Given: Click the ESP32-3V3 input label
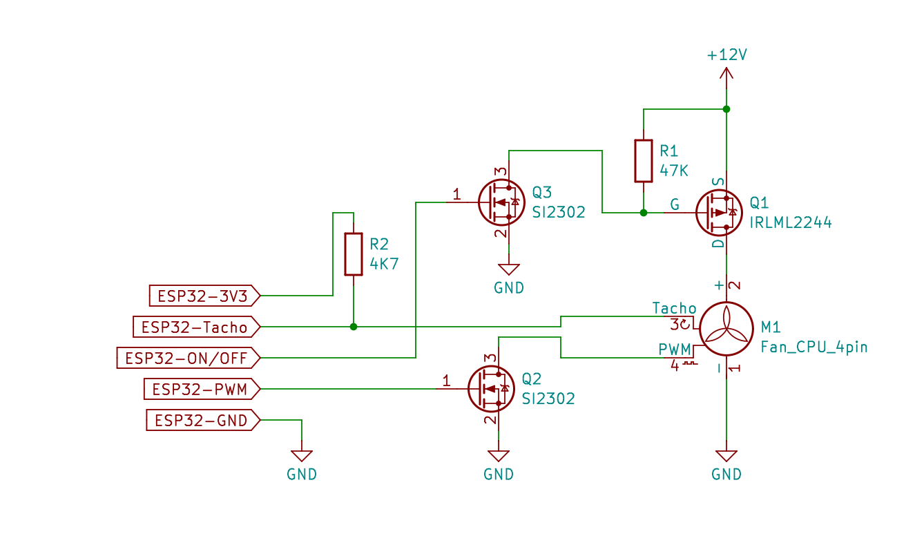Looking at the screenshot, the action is (x=204, y=296).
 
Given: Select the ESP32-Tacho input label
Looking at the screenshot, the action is (x=197, y=327).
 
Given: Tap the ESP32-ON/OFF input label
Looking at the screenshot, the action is (x=189, y=358).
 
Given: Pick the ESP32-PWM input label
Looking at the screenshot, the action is (x=202, y=389).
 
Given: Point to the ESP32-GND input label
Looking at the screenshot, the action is (x=203, y=420).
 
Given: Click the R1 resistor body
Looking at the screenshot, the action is (x=644, y=161).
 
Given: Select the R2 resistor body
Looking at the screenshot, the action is (x=354, y=254).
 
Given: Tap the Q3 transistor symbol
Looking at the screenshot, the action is (x=501, y=202).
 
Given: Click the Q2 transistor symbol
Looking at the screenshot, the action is (x=491, y=388).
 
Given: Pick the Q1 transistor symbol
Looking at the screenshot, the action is (x=719, y=213).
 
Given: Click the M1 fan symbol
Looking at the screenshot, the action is (x=726, y=329).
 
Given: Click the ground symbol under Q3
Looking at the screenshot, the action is (x=508, y=269).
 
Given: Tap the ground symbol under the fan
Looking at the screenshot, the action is (x=726, y=456).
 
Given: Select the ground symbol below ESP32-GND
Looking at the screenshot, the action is (x=302, y=456).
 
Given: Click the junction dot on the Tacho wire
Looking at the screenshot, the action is (x=354, y=327).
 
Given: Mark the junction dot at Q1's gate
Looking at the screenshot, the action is (x=644, y=213).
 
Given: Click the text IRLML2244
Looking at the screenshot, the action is (x=791, y=222).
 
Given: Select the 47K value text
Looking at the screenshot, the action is (x=674, y=171).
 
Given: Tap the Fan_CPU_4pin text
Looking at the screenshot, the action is (x=813, y=347).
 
